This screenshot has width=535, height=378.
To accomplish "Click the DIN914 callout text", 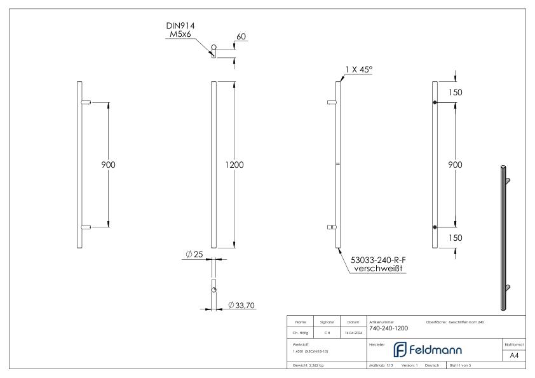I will (x=180, y=25).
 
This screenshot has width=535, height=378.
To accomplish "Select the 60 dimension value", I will (x=241, y=37).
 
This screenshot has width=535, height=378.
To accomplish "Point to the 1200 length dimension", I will (x=235, y=165).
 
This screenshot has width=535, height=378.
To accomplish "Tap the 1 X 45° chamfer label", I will (x=358, y=71).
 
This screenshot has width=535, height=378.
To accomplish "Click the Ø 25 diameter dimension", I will (x=194, y=254).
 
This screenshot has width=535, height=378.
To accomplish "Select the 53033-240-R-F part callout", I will (x=379, y=259).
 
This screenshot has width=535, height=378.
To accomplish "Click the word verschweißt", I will (x=379, y=269).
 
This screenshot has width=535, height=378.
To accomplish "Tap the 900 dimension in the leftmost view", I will (x=109, y=165).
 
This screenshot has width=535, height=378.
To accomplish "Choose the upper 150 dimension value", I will (x=456, y=92).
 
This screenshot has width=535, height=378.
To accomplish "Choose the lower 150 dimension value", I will (x=456, y=238).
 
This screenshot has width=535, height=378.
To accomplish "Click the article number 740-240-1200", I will (x=388, y=328).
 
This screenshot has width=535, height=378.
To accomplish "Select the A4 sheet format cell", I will (x=515, y=355).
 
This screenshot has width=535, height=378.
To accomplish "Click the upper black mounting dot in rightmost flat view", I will (x=435, y=103).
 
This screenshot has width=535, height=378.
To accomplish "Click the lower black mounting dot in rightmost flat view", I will (x=435, y=227).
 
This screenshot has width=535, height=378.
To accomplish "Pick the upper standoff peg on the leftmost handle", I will (x=87, y=102).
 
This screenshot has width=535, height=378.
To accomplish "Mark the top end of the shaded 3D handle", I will (x=503, y=168).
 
